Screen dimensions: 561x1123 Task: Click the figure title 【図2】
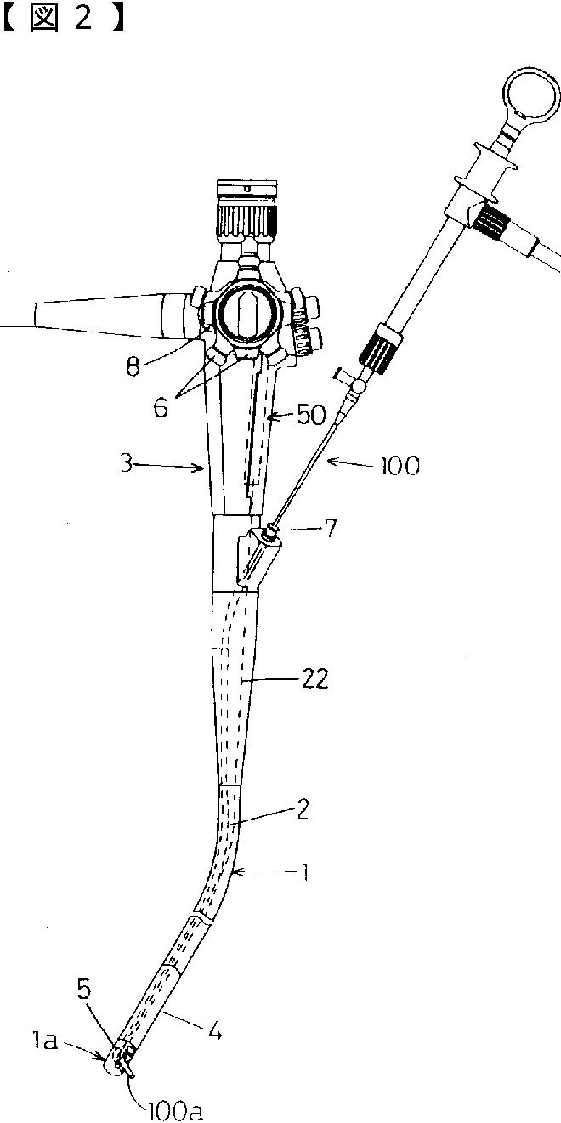pyautogui.click(x=64, y=19)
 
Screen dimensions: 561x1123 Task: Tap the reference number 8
pyautogui.click(x=133, y=368)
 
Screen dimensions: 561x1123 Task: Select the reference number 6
pyautogui.click(x=161, y=408)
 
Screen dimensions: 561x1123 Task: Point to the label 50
pyautogui.click(x=311, y=414)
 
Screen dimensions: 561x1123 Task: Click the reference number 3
pyautogui.click(x=127, y=464)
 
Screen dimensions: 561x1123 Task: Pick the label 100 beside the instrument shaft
pyautogui.click(x=399, y=466)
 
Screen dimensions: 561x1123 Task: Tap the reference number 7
pyautogui.click(x=331, y=529)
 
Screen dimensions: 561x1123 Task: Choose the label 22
pyautogui.click(x=314, y=679)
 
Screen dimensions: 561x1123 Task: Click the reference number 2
pyautogui.click(x=302, y=809)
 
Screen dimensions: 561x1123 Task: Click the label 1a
pyautogui.click(x=43, y=1041)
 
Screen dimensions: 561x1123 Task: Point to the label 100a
pyautogui.click(x=175, y=1111)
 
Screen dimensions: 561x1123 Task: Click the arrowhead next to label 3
pyautogui.click(x=199, y=468)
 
